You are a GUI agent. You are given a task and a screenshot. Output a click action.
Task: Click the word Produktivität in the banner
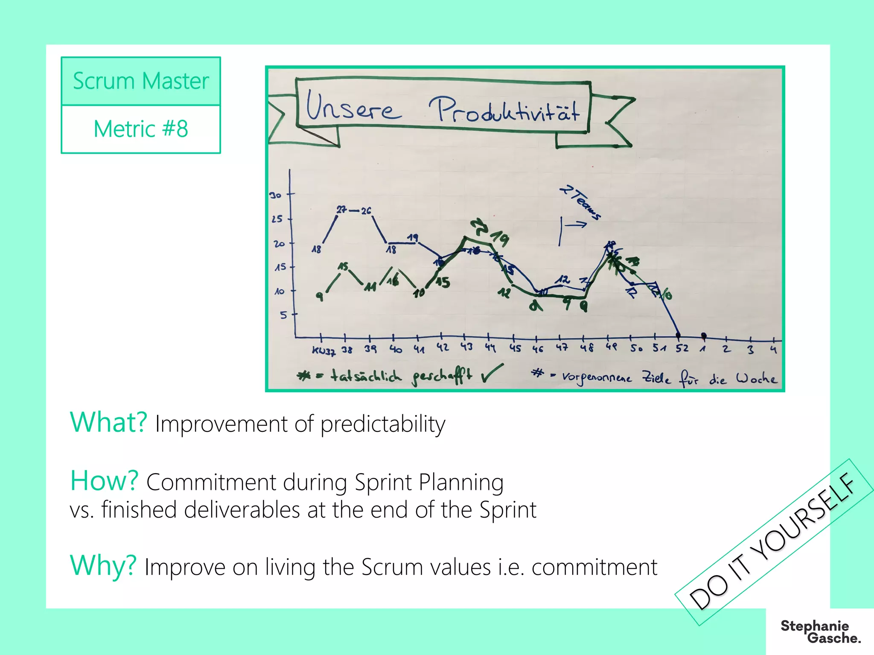click(x=504, y=110)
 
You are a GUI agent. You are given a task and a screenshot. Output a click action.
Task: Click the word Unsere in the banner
click(x=353, y=107)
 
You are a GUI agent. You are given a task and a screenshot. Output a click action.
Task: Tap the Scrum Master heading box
click(x=141, y=81)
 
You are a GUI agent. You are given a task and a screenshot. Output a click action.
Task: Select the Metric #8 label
click(x=141, y=129)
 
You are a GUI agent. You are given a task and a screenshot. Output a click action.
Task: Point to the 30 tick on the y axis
click(x=276, y=195)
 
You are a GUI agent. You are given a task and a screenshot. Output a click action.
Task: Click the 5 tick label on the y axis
click(x=283, y=315)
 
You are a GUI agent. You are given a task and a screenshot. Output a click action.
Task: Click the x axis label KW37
click(x=323, y=351)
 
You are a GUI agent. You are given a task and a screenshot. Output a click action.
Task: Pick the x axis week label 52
click(x=682, y=349)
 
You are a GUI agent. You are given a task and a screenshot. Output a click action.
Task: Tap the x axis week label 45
click(x=515, y=348)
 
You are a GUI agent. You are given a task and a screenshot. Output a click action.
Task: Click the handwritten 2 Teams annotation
click(x=580, y=202)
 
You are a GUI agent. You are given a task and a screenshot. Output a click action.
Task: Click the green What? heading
click(x=108, y=422)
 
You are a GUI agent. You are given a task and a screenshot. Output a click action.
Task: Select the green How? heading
click(x=104, y=480)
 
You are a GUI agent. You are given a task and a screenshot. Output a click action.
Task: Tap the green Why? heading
click(x=103, y=566)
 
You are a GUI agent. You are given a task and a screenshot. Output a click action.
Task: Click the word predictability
click(x=383, y=425)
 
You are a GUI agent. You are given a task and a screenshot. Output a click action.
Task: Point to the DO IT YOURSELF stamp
click(x=772, y=542)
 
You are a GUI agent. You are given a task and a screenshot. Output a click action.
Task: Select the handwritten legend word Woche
click(x=756, y=378)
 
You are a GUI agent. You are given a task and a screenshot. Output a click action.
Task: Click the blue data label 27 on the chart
click(x=341, y=210)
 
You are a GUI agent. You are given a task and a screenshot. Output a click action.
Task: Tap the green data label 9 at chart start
click(x=319, y=296)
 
